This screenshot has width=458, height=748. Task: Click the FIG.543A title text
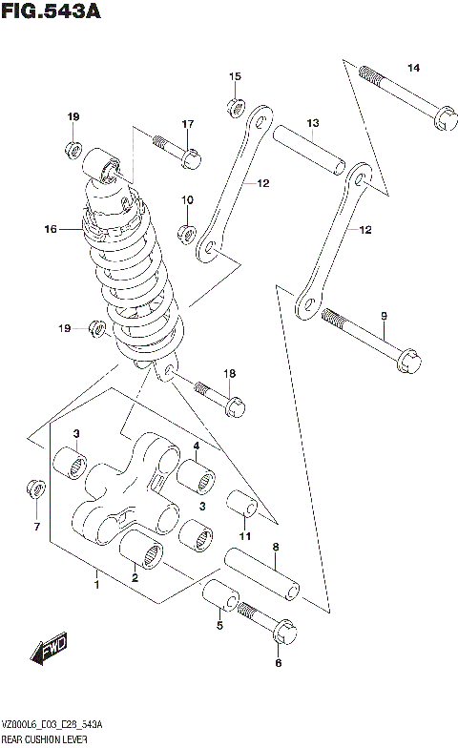click(52, 12)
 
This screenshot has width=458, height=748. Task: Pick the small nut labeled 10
click(187, 232)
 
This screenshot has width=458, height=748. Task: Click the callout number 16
click(51, 229)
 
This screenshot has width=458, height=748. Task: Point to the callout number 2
click(135, 578)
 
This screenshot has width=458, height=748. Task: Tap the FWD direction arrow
click(47, 654)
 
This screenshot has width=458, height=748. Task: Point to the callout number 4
click(195, 446)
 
